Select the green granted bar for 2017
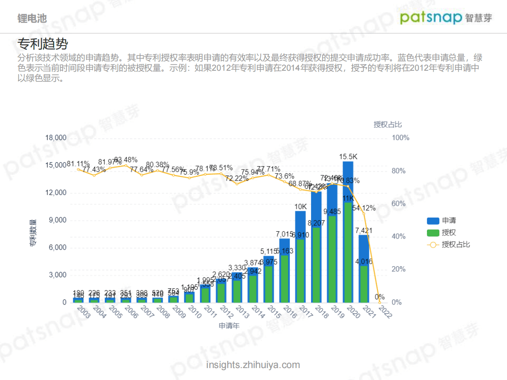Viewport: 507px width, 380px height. coord(300,271)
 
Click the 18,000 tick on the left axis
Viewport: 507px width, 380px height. coord(56,138)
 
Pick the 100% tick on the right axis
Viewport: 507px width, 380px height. coord(400,138)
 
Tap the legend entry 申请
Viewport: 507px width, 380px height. coord(449,221)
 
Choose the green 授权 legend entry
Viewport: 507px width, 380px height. coord(449,233)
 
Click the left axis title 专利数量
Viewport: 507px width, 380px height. coord(33,233)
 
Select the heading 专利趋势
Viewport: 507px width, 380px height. coord(43,44)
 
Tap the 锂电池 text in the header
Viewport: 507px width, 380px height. coord(32,18)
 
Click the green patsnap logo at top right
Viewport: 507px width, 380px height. coord(431,17)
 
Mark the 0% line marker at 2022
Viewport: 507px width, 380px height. coord(380,302)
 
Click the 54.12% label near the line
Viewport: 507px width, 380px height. coord(364,208)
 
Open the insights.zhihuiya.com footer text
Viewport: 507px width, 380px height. coord(253,365)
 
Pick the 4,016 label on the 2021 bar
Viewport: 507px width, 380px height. coord(364,261)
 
